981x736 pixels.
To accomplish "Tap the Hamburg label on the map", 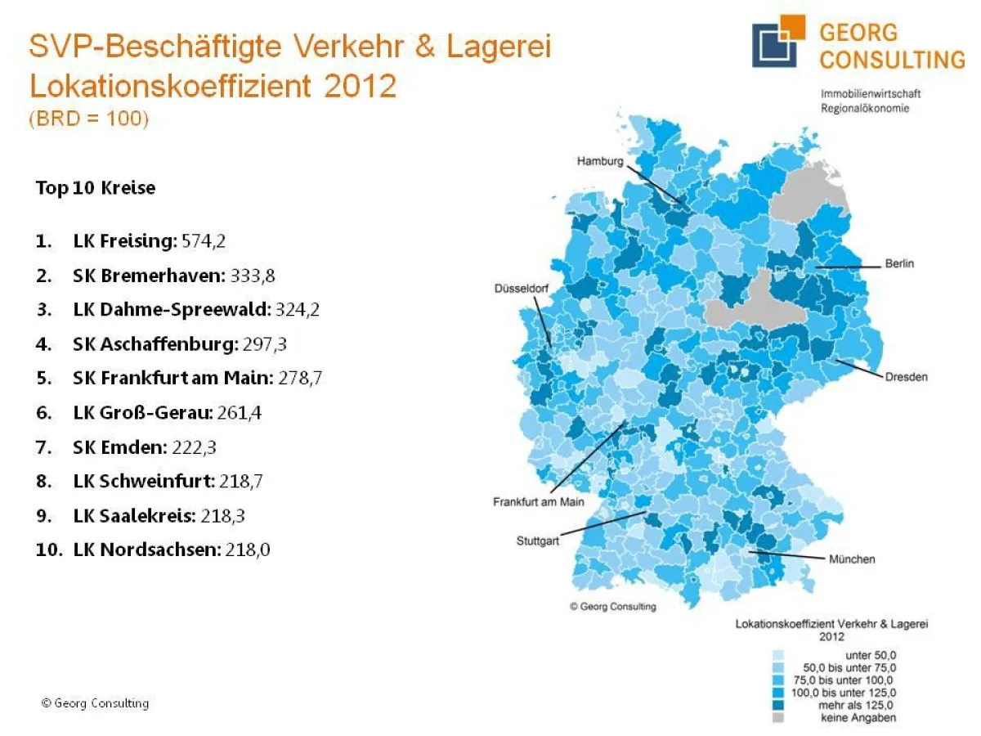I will coord(599,162).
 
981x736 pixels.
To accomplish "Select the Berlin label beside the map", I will coord(899,264).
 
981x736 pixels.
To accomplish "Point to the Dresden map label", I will coord(906,377).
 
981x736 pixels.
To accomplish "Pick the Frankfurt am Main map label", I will coord(538,501).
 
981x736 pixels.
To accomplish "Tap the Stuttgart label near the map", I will coord(538,541).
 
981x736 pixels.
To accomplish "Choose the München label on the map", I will coord(852,559).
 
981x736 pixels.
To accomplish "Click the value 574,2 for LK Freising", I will coord(208,241).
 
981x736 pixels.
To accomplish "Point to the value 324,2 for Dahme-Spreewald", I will coord(275,310).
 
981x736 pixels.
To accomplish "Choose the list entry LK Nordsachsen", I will coord(147,550).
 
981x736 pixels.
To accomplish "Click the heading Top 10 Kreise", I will coord(95,188).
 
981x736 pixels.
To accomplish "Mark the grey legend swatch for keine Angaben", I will coord(777,718).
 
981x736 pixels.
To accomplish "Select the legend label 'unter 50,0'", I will coord(869,655).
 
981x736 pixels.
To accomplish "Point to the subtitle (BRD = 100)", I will coord(88,118).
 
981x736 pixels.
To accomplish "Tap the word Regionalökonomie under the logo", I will coord(865,108).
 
